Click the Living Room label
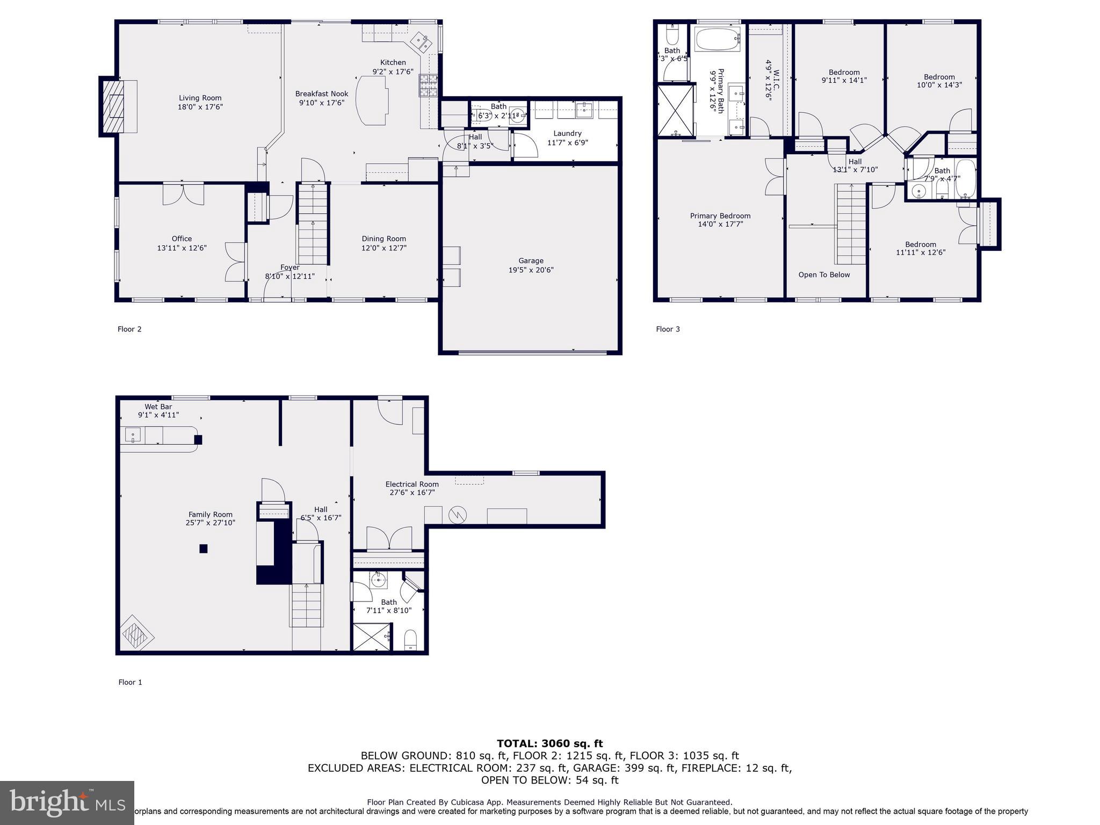[200, 98]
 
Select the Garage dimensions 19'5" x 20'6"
[531, 270]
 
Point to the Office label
[182, 238]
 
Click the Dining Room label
[383, 238]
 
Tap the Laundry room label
[567, 133]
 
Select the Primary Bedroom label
[720, 216]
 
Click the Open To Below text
[824, 274]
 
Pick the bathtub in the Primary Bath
[718, 39]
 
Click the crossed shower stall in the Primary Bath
[676, 110]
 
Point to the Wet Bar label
[158, 407]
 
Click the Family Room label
[210, 514]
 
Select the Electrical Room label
[411, 484]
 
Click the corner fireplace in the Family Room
[136, 635]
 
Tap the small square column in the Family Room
[204, 548]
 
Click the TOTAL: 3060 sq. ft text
[549, 743]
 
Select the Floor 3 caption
[668, 329]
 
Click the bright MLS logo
[67, 802]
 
